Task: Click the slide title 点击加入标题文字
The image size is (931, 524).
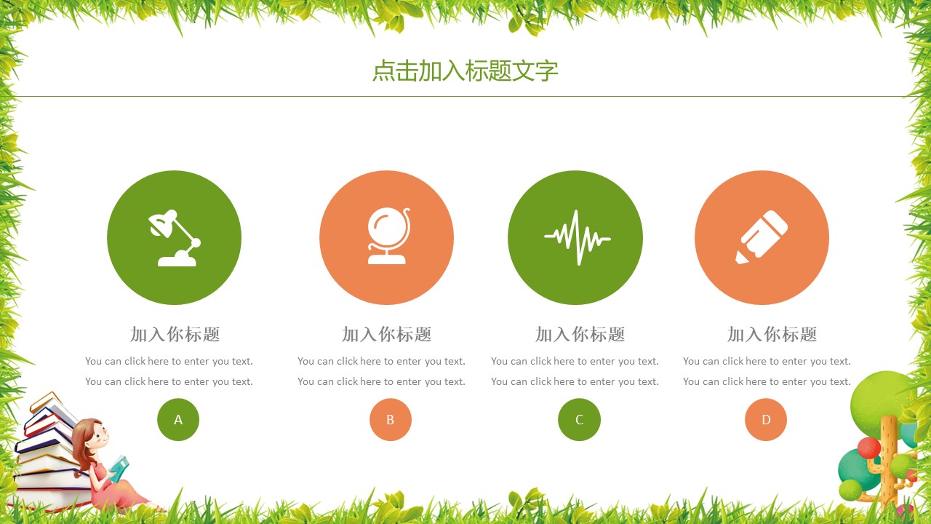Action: coord(465,71)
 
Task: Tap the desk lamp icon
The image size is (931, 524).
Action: coord(175,237)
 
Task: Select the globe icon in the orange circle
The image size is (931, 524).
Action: coord(387,237)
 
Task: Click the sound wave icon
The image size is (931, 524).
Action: coord(576,237)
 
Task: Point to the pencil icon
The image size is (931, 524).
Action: coord(762,237)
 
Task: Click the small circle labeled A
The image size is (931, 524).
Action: coord(178,420)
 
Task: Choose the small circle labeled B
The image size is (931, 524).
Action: coord(391,420)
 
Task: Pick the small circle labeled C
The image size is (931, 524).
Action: coord(579,420)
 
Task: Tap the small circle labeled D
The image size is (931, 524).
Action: coord(766,420)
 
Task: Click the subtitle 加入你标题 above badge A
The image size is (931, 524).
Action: coord(175,335)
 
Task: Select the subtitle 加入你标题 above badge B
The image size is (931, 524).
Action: coord(387,335)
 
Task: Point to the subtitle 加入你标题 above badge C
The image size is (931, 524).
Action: coord(580,335)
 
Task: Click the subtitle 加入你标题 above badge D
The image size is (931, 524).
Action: coord(772,335)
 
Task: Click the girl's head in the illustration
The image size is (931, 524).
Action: coord(91,434)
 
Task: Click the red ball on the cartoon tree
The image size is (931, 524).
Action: coord(868,448)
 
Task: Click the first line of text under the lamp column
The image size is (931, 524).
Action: coord(169,361)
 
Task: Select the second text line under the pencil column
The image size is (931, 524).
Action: coord(767,381)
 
